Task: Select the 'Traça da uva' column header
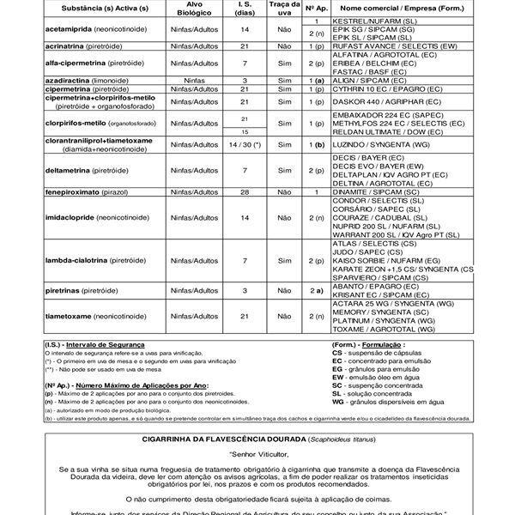[x=280, y=9]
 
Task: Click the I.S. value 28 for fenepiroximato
[x=245, y=192]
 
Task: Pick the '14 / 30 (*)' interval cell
[x=245, y=147]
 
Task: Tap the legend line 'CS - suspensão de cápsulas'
[x=381, y=353]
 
